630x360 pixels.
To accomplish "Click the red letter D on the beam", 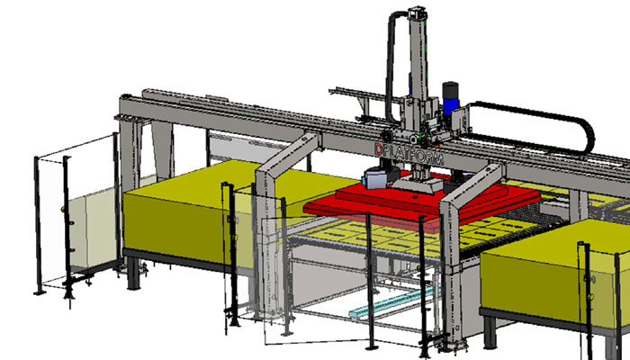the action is tap(379, 149).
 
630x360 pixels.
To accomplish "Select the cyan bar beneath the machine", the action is tap(395, 302).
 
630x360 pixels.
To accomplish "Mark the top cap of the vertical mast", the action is tap(417, 13).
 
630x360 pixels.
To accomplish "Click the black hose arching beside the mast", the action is tap(391, 64).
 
